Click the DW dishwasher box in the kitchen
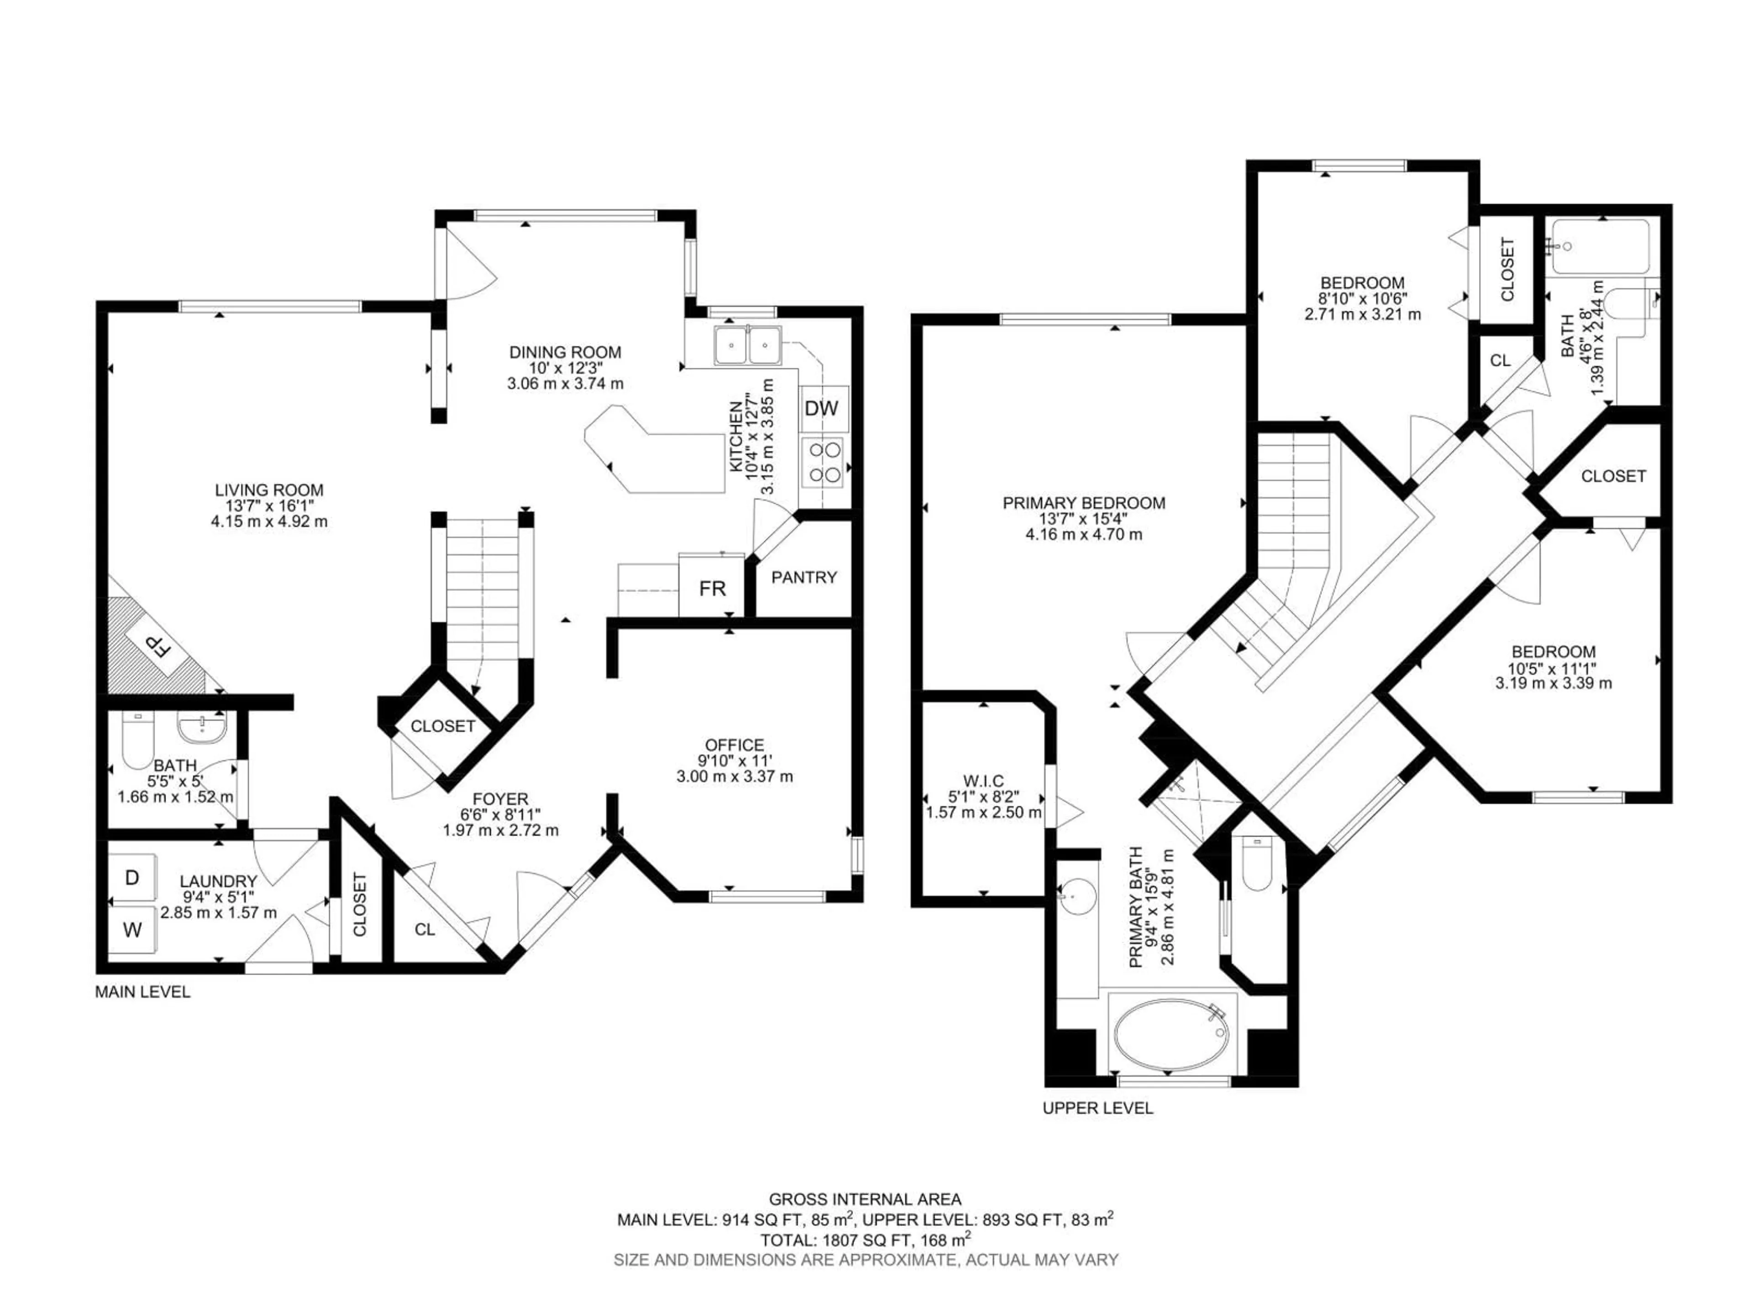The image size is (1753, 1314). [822, 409]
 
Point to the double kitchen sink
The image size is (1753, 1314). [747, 345]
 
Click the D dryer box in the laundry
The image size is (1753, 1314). [132, 877]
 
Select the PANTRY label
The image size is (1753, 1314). [803, 578]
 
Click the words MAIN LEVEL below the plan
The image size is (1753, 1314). [142, 991]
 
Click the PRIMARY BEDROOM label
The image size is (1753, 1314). [1083, 503]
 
